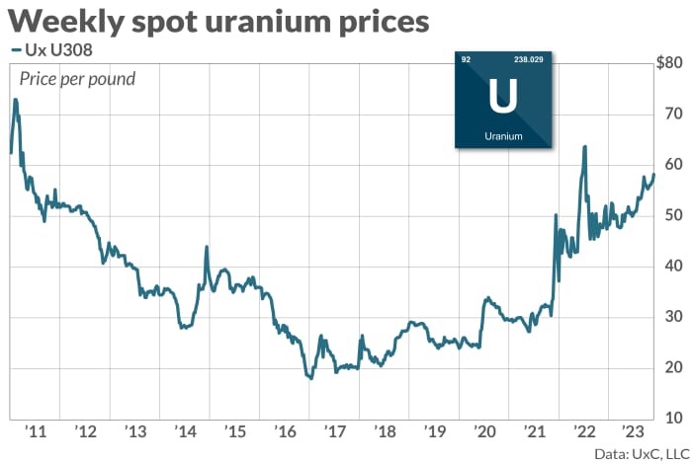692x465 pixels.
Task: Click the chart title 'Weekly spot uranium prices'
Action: point(219,21)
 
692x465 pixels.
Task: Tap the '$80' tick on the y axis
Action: point(669,63)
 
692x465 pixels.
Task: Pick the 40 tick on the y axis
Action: point(672,266)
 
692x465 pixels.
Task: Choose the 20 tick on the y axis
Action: point(672,367)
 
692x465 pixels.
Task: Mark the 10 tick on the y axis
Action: point(672,419)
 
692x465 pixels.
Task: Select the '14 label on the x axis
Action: point(185,431)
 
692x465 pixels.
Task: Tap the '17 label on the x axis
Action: point(334,431)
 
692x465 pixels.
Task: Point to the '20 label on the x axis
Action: point(484,431)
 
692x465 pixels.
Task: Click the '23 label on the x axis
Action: point(634,431)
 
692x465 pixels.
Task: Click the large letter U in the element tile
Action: point(502,97)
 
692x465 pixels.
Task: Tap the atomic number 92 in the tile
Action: point(467,60)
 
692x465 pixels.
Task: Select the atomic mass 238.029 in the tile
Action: point(529,60)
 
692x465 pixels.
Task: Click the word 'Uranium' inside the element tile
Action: point(503,136)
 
